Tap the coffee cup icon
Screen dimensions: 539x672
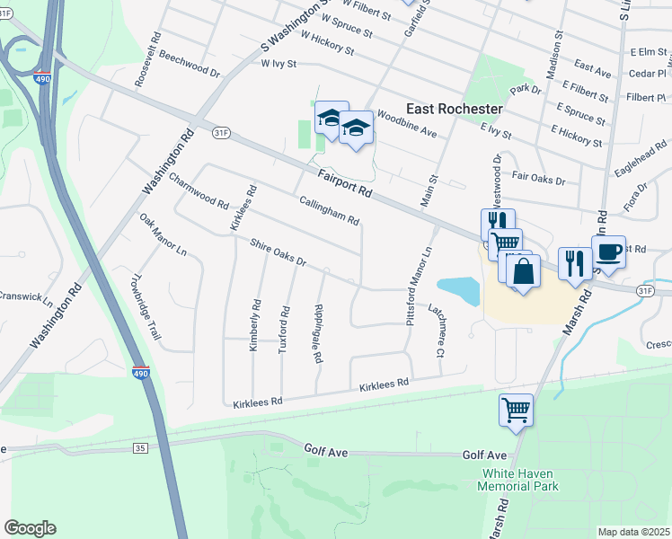pos(608,252)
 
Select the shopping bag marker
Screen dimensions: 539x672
pos(523,271)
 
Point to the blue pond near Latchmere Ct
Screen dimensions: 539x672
pos(459,289)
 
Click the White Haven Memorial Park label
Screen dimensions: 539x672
pos(520,480)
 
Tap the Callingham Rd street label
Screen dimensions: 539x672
pos(329,211)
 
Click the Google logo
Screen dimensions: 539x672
pos(30,528)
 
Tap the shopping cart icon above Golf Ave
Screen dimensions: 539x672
pos(516,411)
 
